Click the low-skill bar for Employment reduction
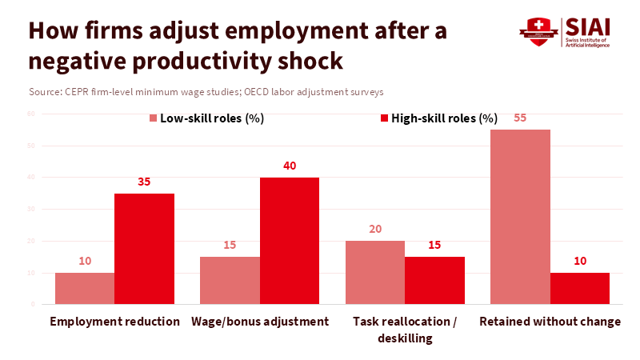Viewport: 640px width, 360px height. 85,289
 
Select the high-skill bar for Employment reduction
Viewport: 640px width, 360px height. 144,249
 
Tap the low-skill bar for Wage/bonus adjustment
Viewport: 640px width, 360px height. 230,281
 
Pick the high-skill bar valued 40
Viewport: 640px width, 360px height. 290,241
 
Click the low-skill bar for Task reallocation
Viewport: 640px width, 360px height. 374,273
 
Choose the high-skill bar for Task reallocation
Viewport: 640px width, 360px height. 434,281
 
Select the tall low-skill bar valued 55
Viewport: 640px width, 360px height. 519,217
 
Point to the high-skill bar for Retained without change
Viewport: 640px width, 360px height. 580,289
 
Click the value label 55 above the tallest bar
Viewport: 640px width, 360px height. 520,118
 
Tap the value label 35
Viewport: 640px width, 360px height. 144,182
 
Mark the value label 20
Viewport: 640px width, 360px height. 374,229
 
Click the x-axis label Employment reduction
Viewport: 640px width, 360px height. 115,322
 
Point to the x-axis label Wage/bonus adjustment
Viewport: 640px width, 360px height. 260,322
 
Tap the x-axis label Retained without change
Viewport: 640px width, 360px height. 550,322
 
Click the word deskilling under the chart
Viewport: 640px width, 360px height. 405,338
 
